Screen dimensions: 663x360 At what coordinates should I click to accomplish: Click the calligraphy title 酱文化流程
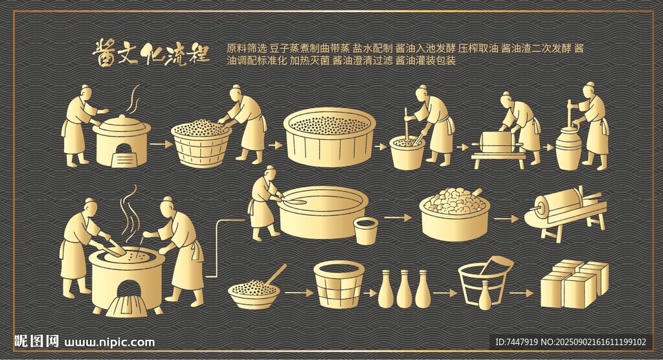[151, 53]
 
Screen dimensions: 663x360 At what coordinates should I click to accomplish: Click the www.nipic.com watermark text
[109, 342]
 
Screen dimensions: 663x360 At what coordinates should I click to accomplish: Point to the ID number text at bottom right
[571, 342]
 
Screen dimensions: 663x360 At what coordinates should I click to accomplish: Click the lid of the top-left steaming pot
[122, 122]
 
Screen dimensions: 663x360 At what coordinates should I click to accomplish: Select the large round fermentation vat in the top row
[330, 136]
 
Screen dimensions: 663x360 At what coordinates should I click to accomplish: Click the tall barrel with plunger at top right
[568, 146]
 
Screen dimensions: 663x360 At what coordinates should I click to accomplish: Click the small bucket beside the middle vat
[365, 231]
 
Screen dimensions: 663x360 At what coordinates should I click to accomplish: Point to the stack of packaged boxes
[575, 284]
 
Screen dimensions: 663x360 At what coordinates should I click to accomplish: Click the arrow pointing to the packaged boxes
[521, 293]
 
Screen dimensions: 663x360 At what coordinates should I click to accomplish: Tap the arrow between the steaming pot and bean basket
[161, 144]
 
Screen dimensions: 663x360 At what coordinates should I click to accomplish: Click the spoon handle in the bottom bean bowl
[275, 274]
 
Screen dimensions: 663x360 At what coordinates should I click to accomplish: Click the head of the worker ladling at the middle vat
[269, 172]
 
